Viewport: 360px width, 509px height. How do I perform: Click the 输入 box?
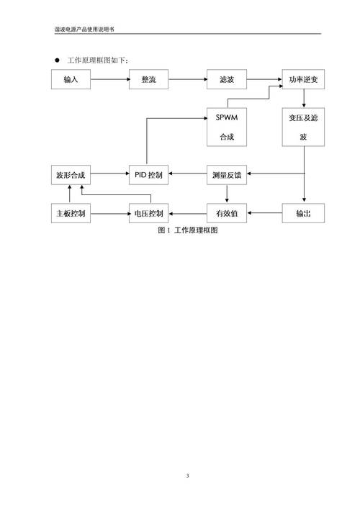[x=71, y=79]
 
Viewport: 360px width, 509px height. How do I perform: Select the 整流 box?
[x=149, y=79]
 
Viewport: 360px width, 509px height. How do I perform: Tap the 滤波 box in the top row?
[x=227, y=79]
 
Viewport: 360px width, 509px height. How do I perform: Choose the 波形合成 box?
[x=71, y=174]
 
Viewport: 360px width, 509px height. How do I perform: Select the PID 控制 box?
[x=149, y=174]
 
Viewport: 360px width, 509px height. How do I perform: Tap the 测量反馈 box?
[x=227, y=174]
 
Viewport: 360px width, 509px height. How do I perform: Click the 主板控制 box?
[x=71, y=213]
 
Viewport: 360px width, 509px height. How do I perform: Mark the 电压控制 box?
[x=149, y=213]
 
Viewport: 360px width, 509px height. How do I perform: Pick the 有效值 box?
[x=227, y=213]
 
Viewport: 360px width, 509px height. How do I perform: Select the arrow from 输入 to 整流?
[x=109, y=79]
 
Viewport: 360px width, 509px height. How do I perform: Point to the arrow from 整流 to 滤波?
[x=188, y=79]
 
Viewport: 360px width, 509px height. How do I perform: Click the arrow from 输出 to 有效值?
[x=264, y=213]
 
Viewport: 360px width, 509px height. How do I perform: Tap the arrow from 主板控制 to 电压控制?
[x=109, y=213]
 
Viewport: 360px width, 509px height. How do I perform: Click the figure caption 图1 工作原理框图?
[x=186, y=230]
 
